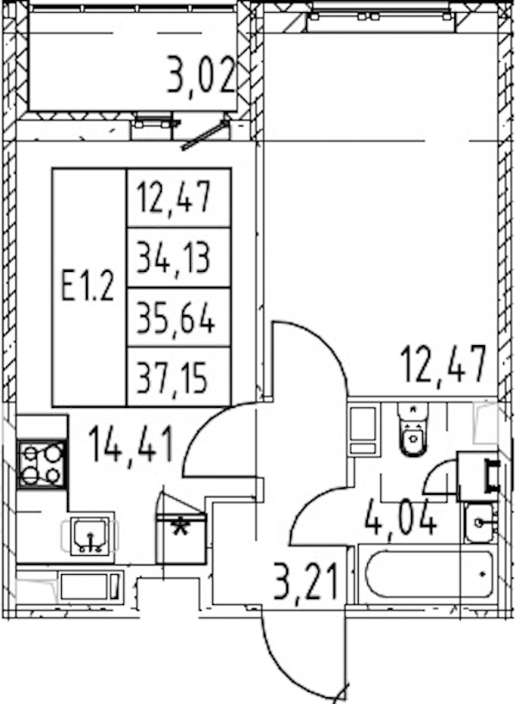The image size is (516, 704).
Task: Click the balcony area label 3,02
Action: point(201,75)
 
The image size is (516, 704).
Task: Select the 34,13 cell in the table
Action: point(179,257)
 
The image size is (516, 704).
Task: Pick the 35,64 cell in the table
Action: point(179,318)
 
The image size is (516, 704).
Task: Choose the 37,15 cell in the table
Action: point(179,377)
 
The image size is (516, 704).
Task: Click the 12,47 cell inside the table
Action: point(179,198)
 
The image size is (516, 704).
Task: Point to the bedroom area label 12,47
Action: point(444,365)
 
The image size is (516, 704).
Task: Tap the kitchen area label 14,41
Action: point(131,444)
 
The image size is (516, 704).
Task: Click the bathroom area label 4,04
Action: point(401,517)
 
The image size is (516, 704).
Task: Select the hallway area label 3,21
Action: point(305,581)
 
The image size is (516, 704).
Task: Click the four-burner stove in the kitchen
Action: point(42,464)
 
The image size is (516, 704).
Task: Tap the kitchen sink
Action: point(90,536)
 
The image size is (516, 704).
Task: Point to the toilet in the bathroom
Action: point(414,429)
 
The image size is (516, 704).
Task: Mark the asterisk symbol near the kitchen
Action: point(181,527)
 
